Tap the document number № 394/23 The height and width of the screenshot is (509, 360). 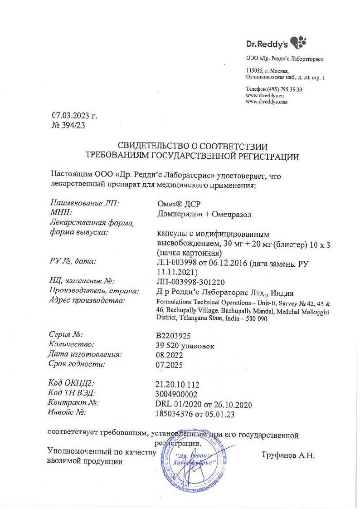[x=68, y=126]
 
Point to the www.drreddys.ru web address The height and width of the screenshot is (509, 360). [x=264, y=96]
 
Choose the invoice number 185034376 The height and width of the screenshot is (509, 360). [x=175, y=414]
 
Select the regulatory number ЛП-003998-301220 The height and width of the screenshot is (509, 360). [x=187, y=282]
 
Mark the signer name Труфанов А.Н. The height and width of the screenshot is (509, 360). [x=287, y=454]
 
